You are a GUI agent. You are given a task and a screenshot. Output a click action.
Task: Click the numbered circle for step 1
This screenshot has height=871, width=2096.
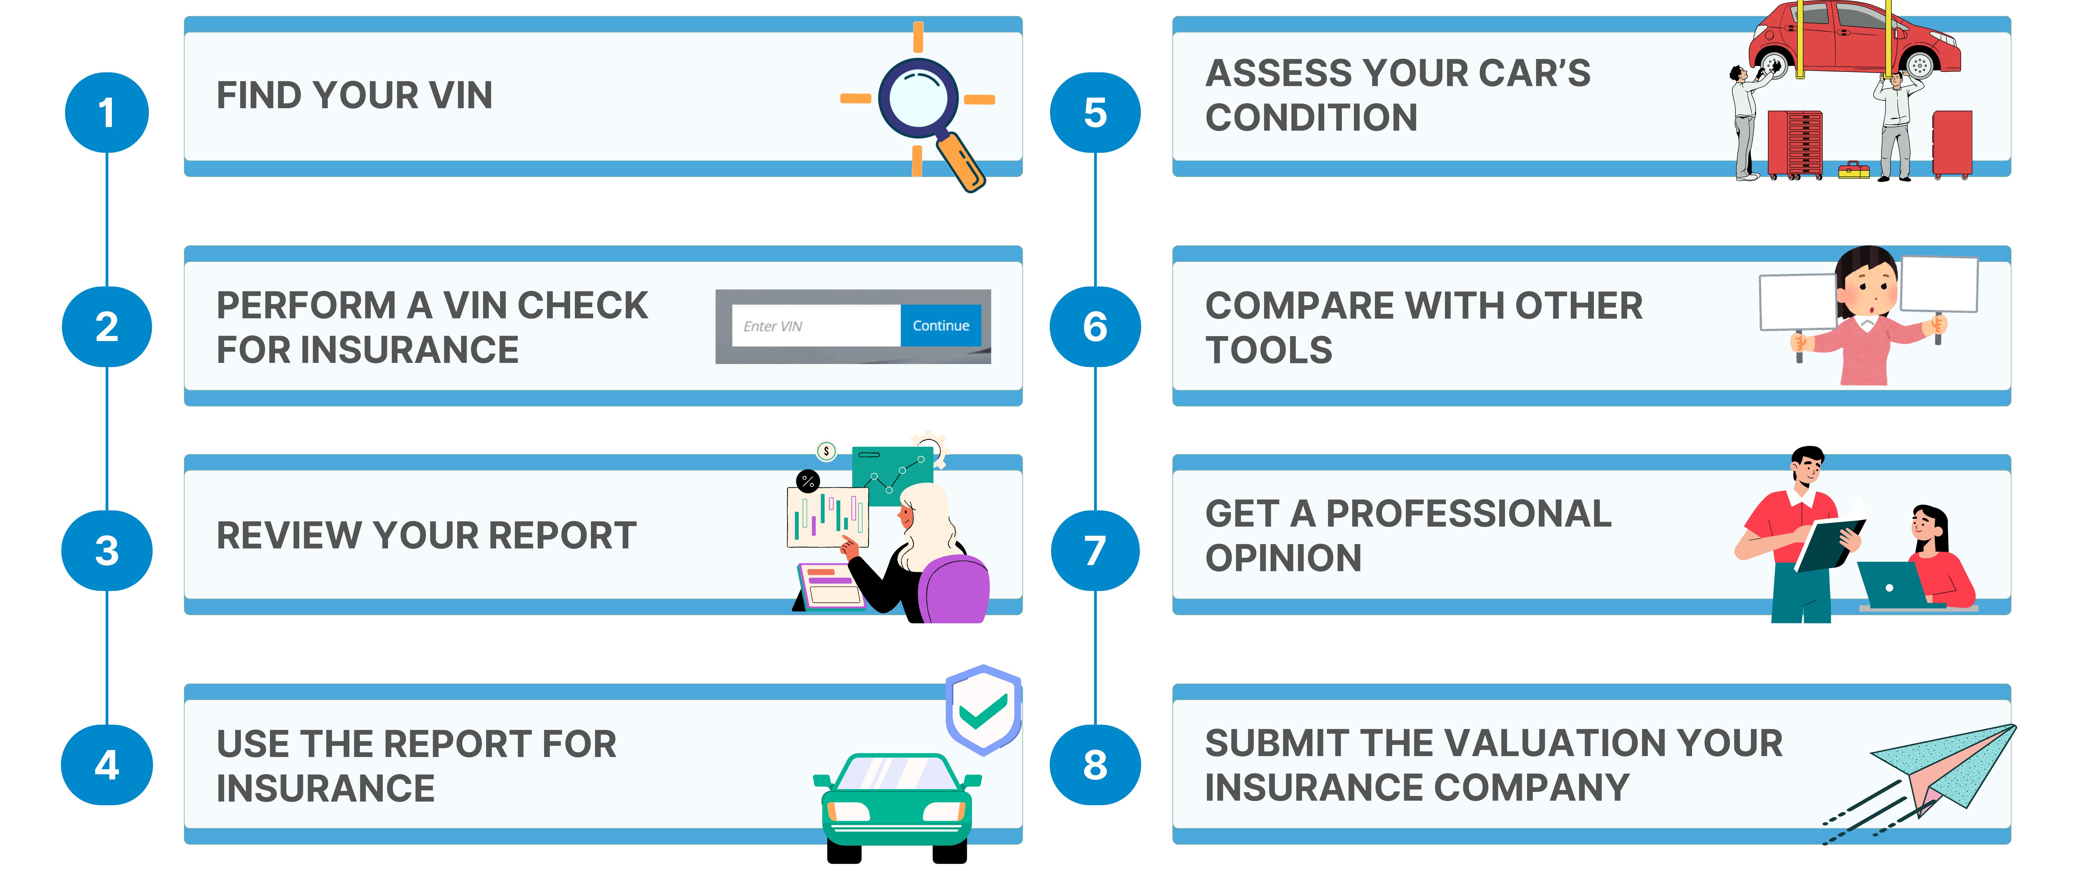coord(107,112)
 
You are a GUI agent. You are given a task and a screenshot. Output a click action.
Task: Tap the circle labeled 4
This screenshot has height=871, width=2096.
coord(107,765)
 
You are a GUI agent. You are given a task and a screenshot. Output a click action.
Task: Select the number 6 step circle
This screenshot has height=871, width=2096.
coord(1095,326)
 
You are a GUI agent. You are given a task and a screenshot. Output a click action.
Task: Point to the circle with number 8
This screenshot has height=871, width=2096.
coord(1095,765)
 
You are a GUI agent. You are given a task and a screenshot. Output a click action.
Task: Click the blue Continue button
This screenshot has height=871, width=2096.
coord(941,325)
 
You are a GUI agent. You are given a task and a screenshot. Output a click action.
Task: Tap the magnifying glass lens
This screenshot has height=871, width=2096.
coord(918,98)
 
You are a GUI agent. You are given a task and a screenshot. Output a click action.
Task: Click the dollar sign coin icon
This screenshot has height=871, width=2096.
coord(826,451)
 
